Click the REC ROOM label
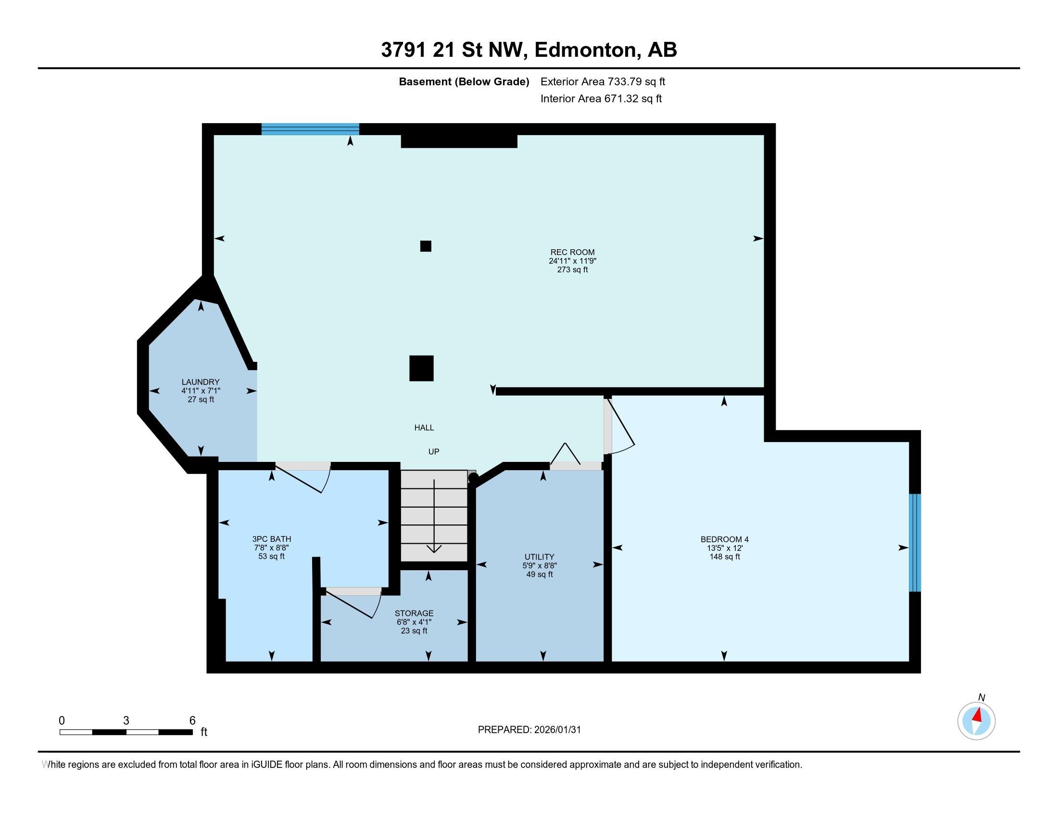tap(572, 252)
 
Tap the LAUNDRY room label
tap(201, 382)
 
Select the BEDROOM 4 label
tap(724, 539)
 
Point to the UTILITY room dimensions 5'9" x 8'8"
tap(539, 565)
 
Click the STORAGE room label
tap(414, 613)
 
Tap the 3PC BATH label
tap(271, 539)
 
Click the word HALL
tap(424, 427)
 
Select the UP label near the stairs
tap(434, 452)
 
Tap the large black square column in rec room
tap(421, 368)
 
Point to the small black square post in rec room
tap(425, 246)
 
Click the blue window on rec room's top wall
tap(310, 129)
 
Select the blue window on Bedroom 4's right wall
tap(914, 543)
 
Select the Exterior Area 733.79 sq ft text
tap(603, 81)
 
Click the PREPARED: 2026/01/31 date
tap(529, 730)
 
